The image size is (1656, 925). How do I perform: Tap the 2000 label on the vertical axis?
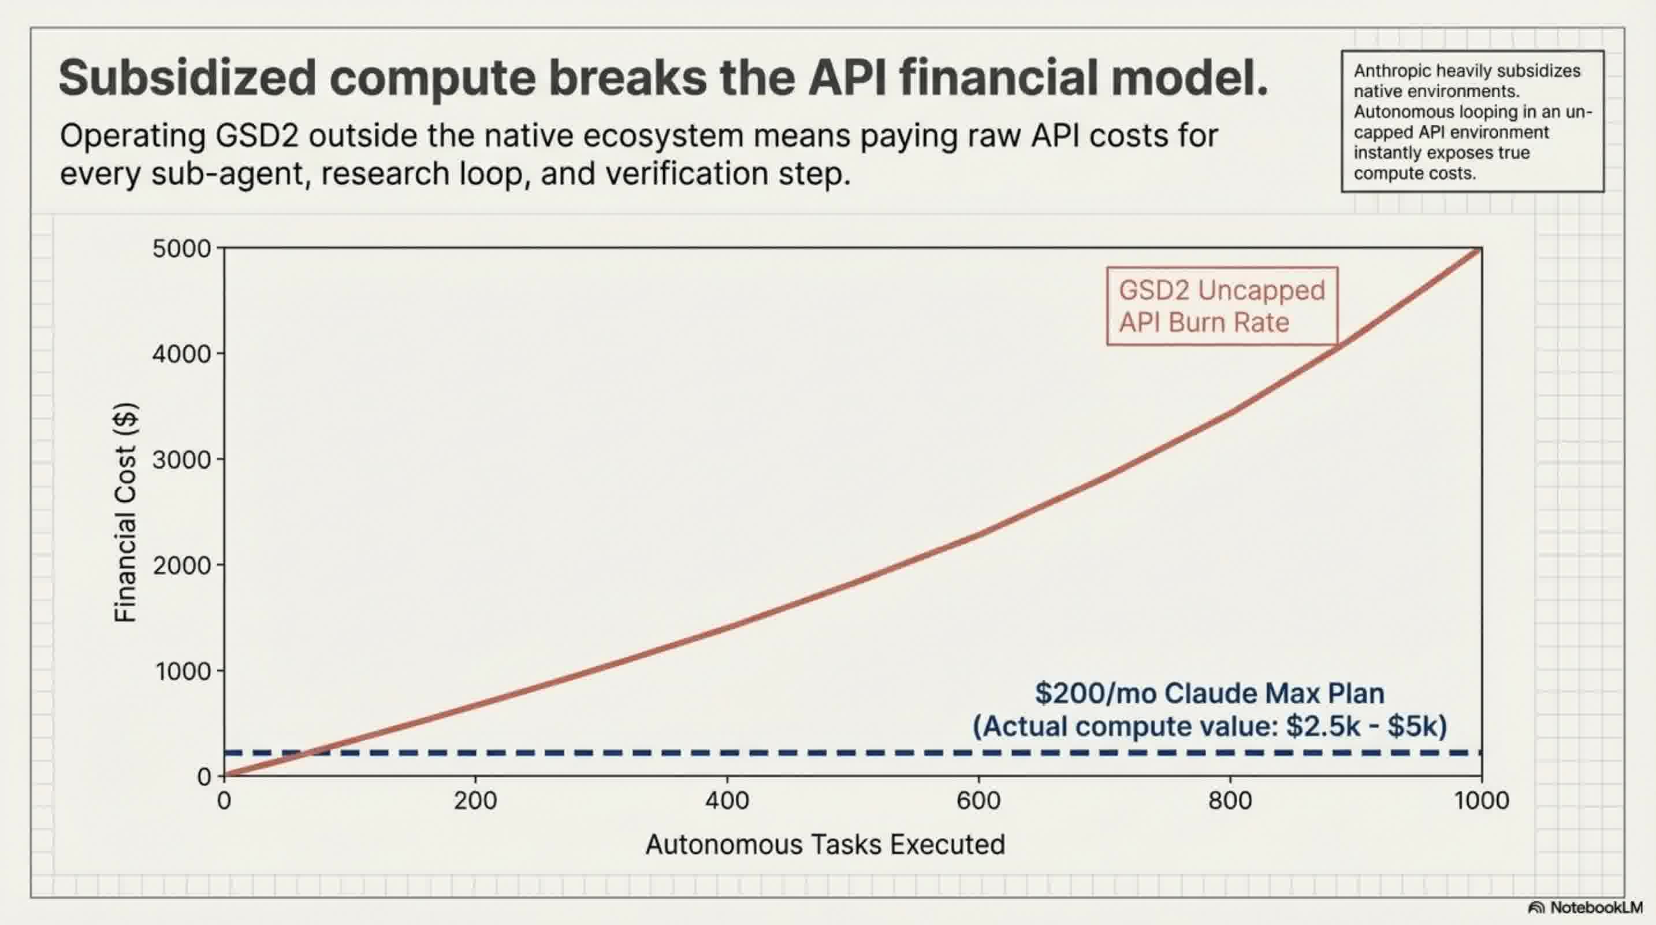181,565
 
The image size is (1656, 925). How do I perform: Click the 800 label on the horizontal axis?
1230,801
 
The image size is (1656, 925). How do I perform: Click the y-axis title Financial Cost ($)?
125,512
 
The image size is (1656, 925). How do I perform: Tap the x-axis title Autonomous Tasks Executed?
825,845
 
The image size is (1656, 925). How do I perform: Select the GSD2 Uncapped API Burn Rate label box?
1222,306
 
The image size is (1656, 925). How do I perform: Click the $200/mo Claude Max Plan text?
1209,693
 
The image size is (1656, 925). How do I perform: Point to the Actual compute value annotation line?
1209,726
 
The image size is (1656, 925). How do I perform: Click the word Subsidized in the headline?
187,78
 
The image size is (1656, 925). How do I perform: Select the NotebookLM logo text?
1595,908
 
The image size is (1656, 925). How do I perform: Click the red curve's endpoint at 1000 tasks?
1480,249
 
